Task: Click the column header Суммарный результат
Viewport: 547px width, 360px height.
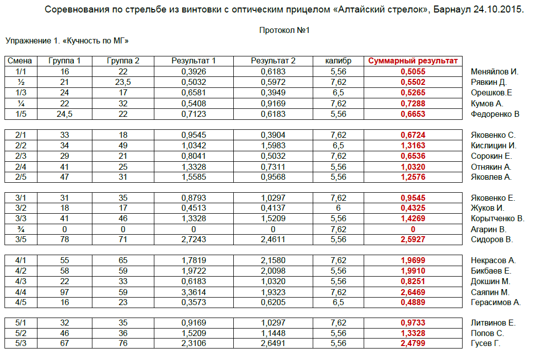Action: coord(413,61)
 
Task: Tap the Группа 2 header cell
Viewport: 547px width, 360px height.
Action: coord(123,61)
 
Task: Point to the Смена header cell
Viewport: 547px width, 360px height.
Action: coord(20,61)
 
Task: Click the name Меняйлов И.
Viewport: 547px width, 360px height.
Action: coord(495,72)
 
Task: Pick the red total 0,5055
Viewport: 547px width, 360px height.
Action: coord(413,72)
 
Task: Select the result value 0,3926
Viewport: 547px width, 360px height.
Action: coord(194,72)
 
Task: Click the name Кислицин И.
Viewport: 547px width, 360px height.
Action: coord(494,146)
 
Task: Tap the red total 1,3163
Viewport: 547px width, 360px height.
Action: coord(413,146)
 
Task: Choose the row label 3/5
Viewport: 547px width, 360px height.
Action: coord(20,240)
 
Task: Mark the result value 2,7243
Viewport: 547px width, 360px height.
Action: coord(194,240)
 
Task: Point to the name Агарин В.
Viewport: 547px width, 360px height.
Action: coord(489,230)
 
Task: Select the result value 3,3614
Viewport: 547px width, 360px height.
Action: coord(194,292)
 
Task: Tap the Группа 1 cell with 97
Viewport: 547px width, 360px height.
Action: coord(64,292)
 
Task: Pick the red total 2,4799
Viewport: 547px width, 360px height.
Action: coord(413,344)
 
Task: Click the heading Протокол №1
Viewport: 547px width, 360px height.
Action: coord(285,30)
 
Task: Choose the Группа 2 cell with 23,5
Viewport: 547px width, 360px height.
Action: coord(123,82)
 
